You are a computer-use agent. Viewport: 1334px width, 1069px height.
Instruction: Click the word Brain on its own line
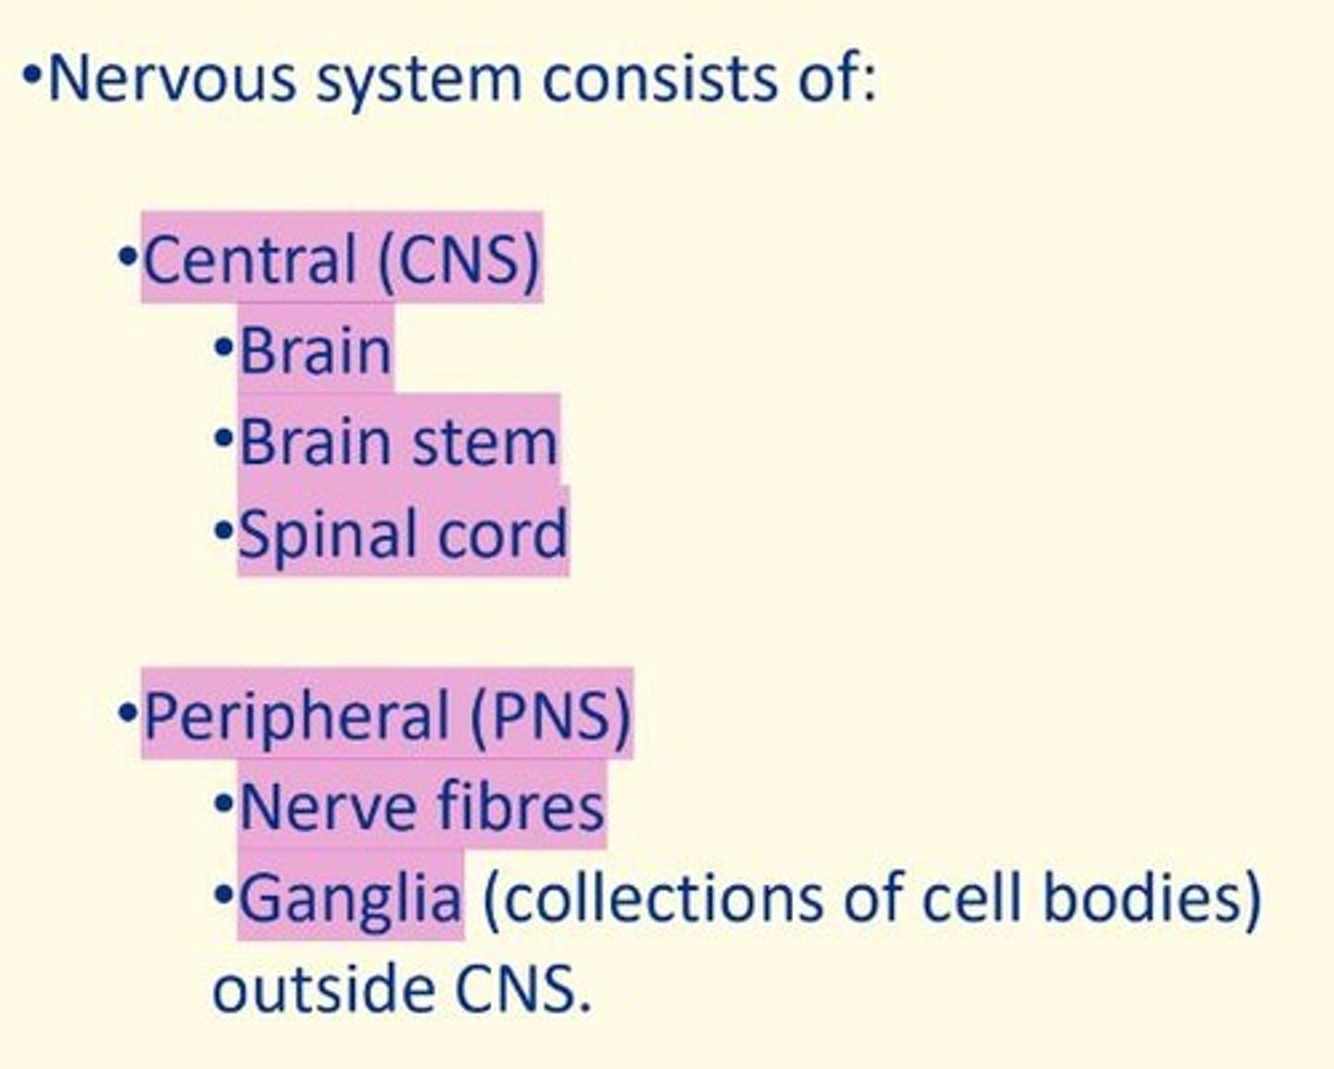[315, 351]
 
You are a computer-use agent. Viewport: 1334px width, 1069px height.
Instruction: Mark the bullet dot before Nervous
[32, 74]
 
